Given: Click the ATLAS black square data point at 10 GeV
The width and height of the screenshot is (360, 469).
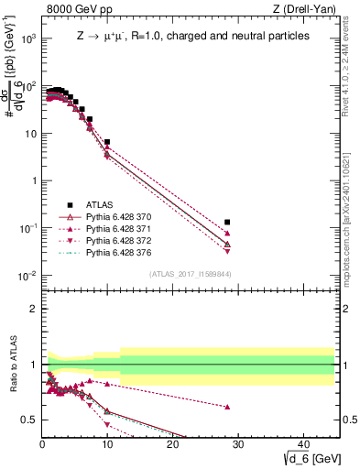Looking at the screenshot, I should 107,143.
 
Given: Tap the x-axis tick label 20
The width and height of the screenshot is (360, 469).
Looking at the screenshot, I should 173,444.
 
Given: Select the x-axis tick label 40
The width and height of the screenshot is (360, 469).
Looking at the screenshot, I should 303,444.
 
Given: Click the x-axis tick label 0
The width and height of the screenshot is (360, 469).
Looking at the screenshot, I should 43,444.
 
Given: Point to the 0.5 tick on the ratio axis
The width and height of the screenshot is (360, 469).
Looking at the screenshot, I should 30,420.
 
